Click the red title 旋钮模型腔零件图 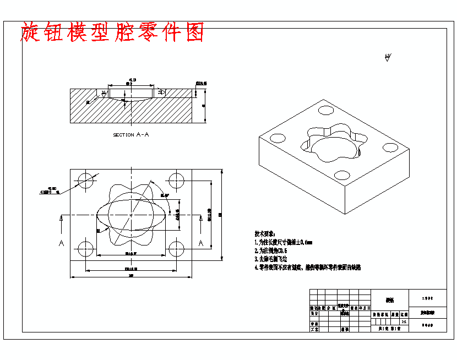[112, 32]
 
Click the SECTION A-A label [131, 134]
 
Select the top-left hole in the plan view [86, 180]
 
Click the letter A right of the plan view [201, 243]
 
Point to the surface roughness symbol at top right [388, 57]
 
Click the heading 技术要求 [264, 233]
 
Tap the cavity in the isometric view [330, 144]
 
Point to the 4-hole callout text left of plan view [48, 190]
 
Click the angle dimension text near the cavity [165, 195]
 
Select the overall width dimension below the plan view [131, 276]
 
